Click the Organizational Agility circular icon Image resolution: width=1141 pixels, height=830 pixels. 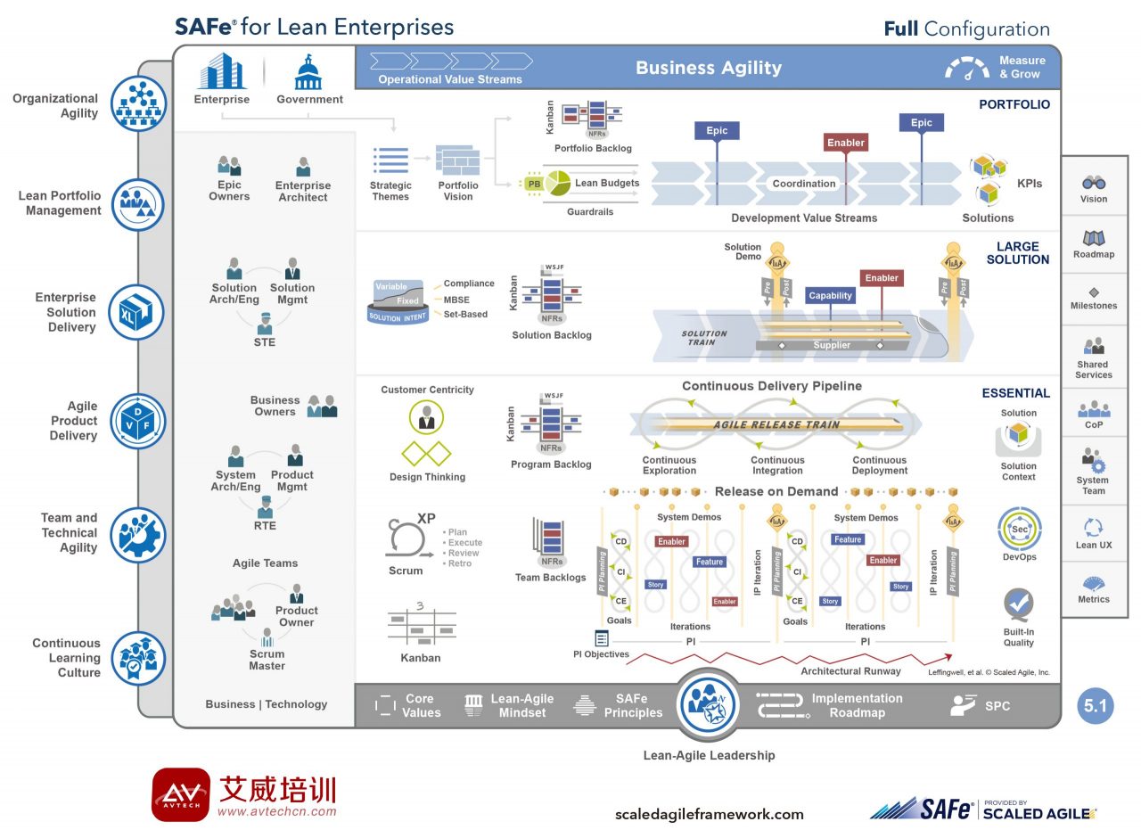point(138,104)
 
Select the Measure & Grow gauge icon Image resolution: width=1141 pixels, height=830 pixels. point(966,69)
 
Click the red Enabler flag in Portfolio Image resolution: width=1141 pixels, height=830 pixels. point(845,143)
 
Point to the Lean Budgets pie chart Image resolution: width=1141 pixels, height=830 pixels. point(557,183)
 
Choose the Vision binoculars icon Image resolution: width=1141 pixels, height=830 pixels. point(1094,182)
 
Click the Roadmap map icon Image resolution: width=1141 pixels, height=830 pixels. point(1094,238)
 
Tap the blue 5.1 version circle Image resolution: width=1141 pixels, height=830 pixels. point(1095,706)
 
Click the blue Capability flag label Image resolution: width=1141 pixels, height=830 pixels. point(830,296)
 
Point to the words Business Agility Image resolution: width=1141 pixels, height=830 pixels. point(709,68)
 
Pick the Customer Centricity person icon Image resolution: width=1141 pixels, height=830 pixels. point(426,417)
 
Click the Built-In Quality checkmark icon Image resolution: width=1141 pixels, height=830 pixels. point(1018,604)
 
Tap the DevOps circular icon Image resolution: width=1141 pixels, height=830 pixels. point(1019,529)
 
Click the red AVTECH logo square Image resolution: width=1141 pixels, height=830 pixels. point(181,793)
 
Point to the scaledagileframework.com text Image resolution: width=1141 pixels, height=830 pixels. point(709,814)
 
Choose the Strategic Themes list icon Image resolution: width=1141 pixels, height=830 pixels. point(390,160)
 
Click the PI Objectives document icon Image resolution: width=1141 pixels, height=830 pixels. point(602,638)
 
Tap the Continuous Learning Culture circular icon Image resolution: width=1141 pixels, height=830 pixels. point(138,658)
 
